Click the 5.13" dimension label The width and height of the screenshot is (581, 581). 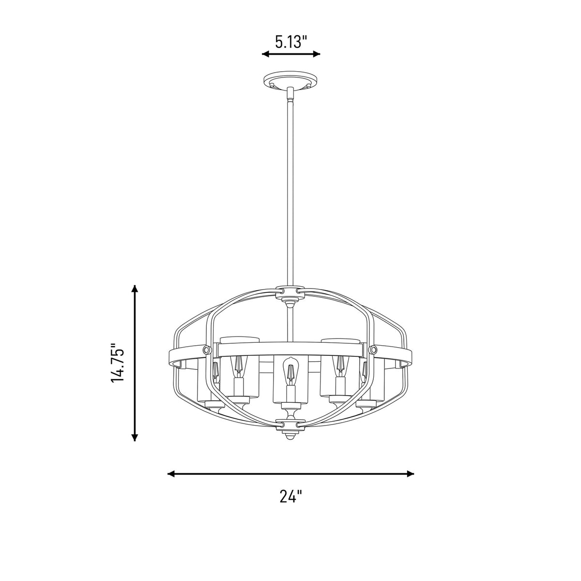click(x=290, y=42)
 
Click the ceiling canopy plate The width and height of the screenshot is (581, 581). click(x=290, y=81)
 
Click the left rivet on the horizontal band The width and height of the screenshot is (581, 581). click(x=206, y=349)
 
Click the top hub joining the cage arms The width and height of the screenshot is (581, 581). click(x=290, y=292)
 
